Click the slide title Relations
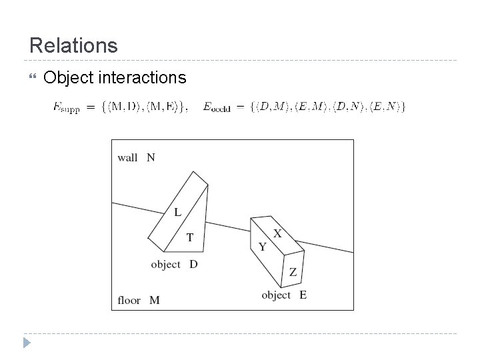tap(73, 45)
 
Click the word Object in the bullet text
tap(68, 78)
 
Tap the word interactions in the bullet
tap(142, 78)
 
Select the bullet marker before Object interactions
tap(27, 79)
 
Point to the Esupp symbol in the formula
tap(66, 107)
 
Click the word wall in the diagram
tap(127, 158)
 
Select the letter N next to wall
tap(151, 158)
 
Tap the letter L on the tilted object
tap(177, 213)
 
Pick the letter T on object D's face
tap(190, 237)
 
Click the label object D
tap(174, 265)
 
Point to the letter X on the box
tap(277, 233)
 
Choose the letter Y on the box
tap(263, 247)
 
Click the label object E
tap(284, 295)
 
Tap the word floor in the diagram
tap(129, 300)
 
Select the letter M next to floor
tap(155, 300)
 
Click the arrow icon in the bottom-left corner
tap(27, 343)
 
